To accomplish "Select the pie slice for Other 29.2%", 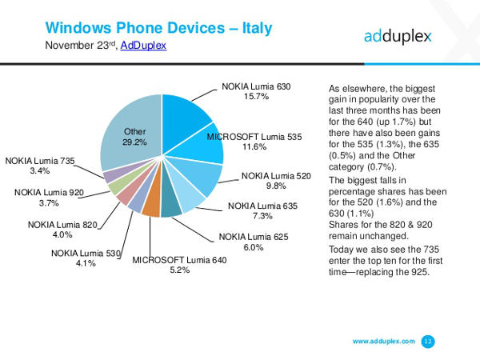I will click(128, 136).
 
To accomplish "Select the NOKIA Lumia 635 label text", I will click(262, 206).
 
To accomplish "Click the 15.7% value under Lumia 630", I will click(256, 96).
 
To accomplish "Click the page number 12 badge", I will click(428, 342).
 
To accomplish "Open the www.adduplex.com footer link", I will click(383, 342).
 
